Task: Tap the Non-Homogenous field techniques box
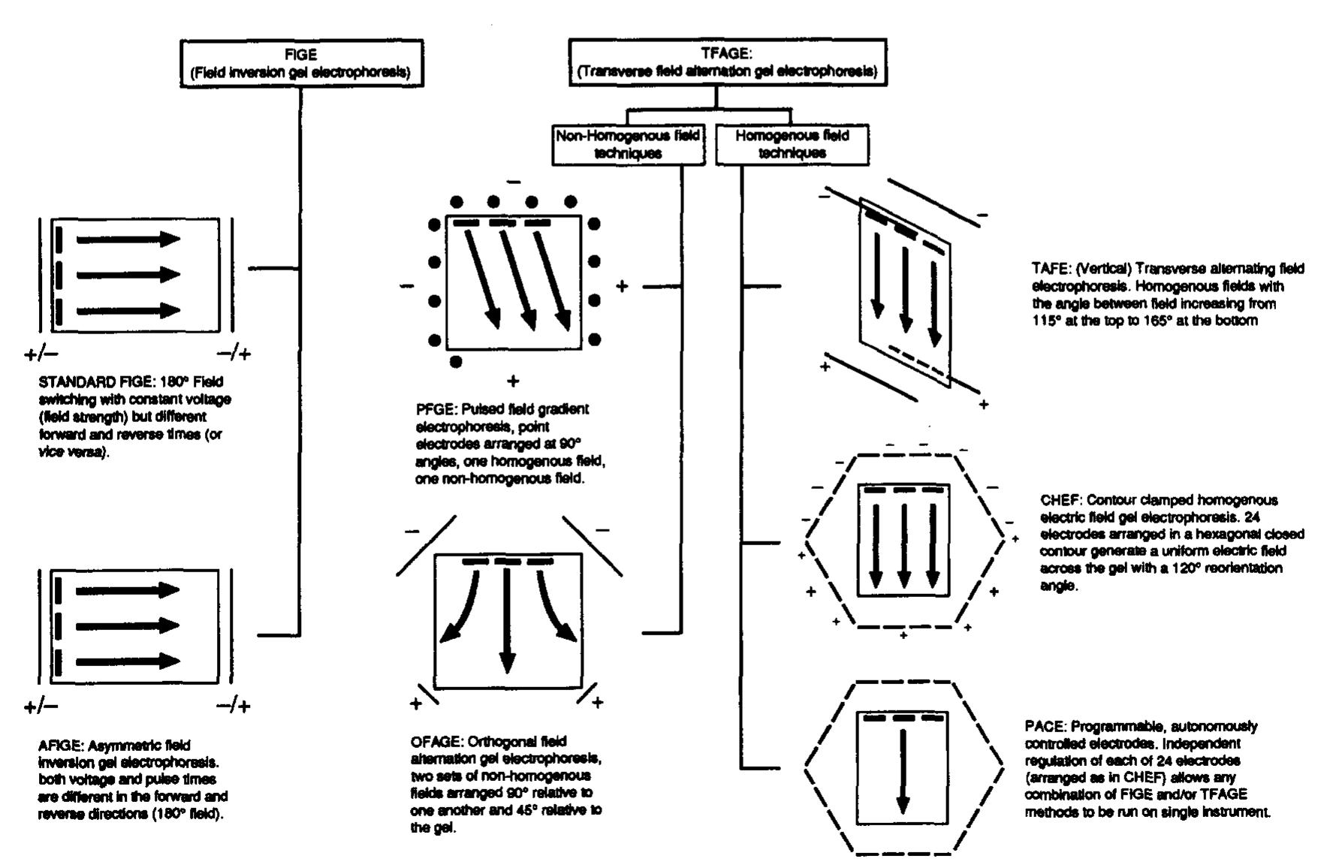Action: (629, 144)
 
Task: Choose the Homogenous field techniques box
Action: (792, 144)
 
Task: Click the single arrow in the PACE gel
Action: (903, 770)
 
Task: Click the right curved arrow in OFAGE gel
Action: (556, 605)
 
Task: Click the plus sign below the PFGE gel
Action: (513, 381)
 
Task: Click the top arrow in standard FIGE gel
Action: (128, 240)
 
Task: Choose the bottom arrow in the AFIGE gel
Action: (128, 662)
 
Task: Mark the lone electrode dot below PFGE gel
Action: (456, 362)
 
